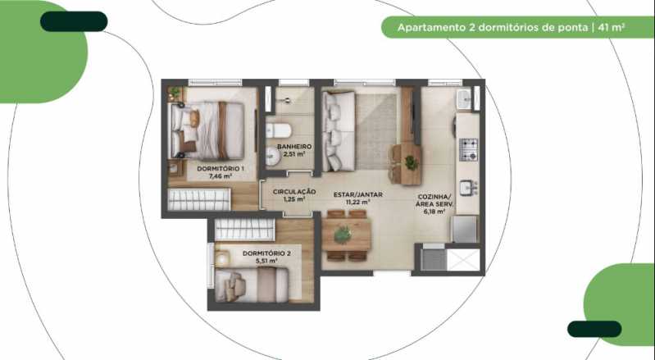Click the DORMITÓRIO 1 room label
click(221, 169)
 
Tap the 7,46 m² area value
click(221, 175)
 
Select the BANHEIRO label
click(294, 147)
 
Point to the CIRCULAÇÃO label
click(294, 192)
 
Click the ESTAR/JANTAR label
click(358, 194)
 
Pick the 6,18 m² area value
click(434, 212)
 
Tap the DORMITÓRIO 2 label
click(266, 253)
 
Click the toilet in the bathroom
click(279, 130)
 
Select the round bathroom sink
click(272, 157)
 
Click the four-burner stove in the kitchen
click(469, 149)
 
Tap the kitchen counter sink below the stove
click(467, 187)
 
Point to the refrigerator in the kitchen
click(465, 229)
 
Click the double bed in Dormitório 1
click(207, 130)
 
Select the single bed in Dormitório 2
click(252, 285)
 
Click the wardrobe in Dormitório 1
click(199, 199)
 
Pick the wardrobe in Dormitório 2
click(245, 230)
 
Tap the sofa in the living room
click(339, 131)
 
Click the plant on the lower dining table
click(343, 235)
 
